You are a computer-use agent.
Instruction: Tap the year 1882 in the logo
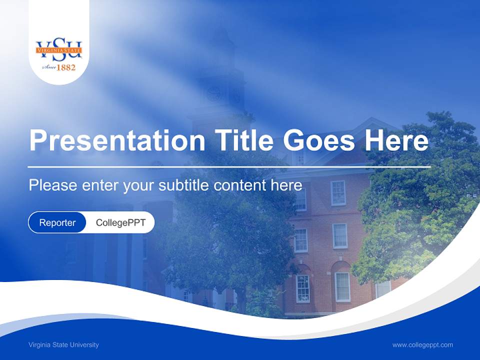pyautogui.click(x=66, y=67)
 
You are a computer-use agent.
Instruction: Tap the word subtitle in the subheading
pyautogui.click(x=184, y=185)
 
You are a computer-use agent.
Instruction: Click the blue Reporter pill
pyautogui.click(x=57, y=222)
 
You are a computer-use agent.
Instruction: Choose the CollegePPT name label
pyautogui.click(x=120, y=222)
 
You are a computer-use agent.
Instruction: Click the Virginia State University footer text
pyautogui.click(x=63, y=345)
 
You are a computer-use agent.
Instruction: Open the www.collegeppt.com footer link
pyautogui.click(x=422, y=345)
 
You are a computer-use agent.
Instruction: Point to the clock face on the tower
pyautogui.click(x=214, y=92)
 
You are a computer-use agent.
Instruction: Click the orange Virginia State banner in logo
pyautogui.click(x=59, y=50)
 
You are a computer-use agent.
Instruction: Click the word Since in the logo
pyautogui.click(x=48, y=67)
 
